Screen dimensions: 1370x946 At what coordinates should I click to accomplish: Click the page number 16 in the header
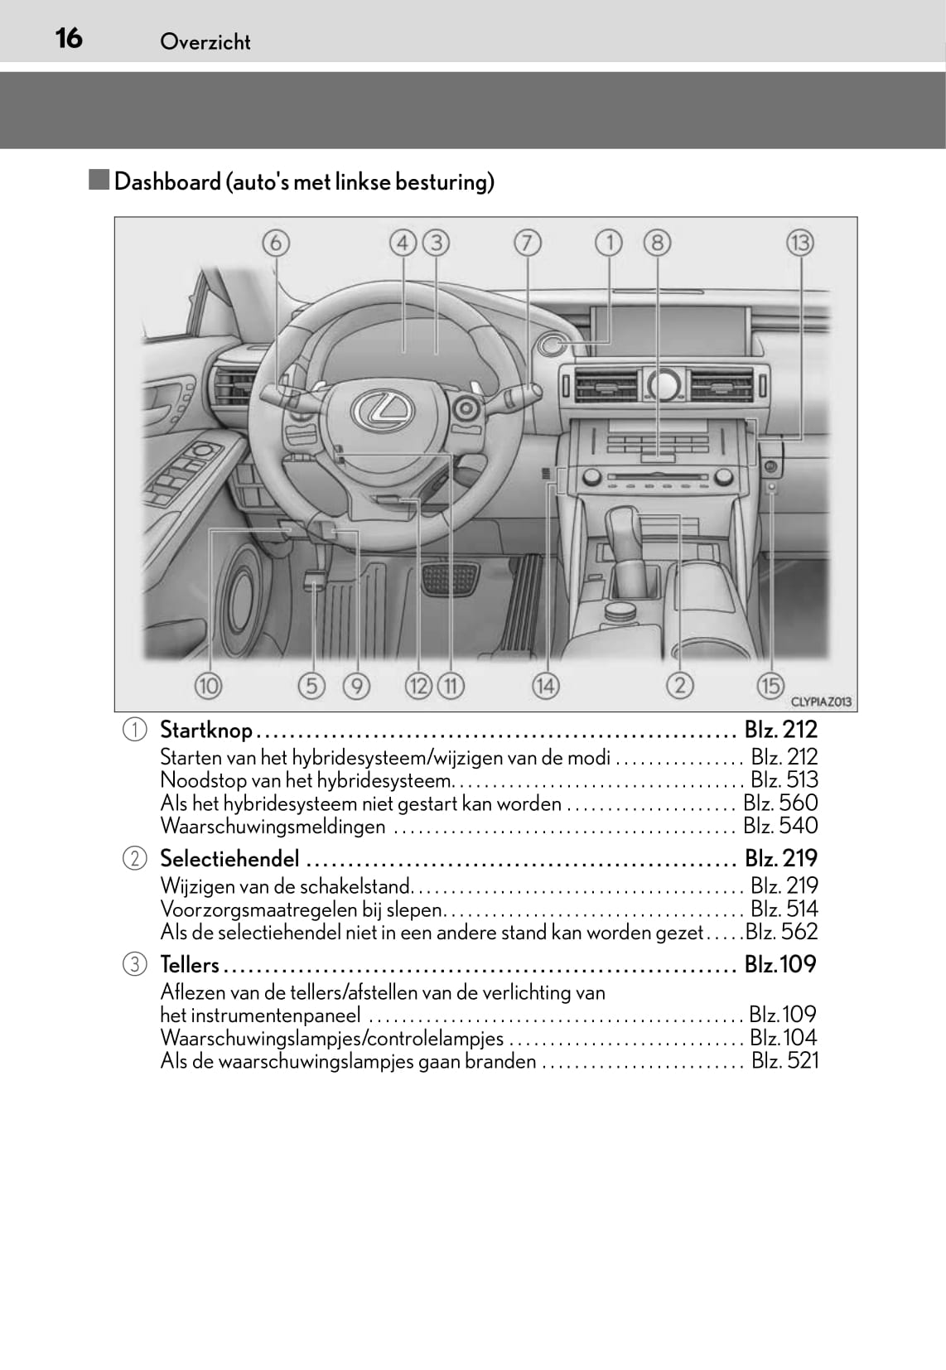pyautogui.click(x=69, y=38)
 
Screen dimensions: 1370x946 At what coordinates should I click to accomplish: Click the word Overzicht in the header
pyautogui.click(x=205, y=41)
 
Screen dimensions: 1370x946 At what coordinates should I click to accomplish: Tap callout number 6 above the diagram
pyautogui.click(x=276, y=243)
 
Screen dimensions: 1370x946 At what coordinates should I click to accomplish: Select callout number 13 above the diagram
pyautogui.click(x=799, y=243)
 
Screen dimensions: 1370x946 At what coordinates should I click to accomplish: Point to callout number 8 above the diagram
pyautogui.click(x=657, y=243)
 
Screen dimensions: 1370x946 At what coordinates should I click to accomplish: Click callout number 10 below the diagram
pyautogui.click(x=208, y=685)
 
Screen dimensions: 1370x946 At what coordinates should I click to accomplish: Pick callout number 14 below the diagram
pyautogui.click(x=545, y=685)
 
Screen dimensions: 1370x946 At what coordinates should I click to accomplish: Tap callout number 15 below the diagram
pyautogui.click(x=770, y=685)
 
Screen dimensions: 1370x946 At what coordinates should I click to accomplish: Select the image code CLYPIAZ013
pyautogui.click(x=821, y=702)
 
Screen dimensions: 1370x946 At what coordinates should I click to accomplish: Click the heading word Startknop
pyautogui.click(x=206, y=730)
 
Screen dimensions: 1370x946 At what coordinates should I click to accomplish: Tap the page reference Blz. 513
pyautogui.click(x=784, y=779)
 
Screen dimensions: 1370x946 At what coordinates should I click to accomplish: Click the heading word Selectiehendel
pyautogui.click(x=229, y=858)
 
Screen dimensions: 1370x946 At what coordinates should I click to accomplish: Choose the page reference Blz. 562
pyautogui.click(x=781, y=932)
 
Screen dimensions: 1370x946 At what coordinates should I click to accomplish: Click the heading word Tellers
pyautogui.click(x=190, y=964)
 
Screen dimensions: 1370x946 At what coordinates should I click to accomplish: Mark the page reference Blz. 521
pyautogui.click(x=784, y=1060)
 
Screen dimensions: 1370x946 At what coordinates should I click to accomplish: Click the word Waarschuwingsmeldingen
pyautogui.click(x=273, y=826)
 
